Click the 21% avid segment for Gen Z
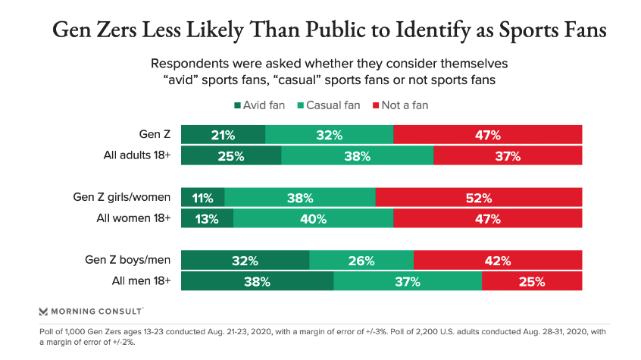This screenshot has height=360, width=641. click(223, 136)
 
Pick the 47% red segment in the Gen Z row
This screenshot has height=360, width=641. click(487, 136)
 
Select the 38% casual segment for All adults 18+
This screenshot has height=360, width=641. click(357, 156)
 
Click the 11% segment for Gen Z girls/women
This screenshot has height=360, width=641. click(202, 199)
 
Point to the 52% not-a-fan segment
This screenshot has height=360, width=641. click(478, 199)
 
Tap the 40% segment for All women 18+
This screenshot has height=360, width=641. click(313, 219)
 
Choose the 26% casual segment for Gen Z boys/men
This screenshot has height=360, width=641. click(361, 261)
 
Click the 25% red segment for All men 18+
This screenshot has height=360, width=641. click(531, 282)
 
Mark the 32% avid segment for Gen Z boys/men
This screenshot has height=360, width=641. click(245, 261)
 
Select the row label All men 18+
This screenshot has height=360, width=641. click(139, 282)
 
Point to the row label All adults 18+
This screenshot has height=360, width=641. click(136, 156)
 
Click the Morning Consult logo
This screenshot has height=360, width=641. click(91, 311)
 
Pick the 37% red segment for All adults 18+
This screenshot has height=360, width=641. click(508, 156)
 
